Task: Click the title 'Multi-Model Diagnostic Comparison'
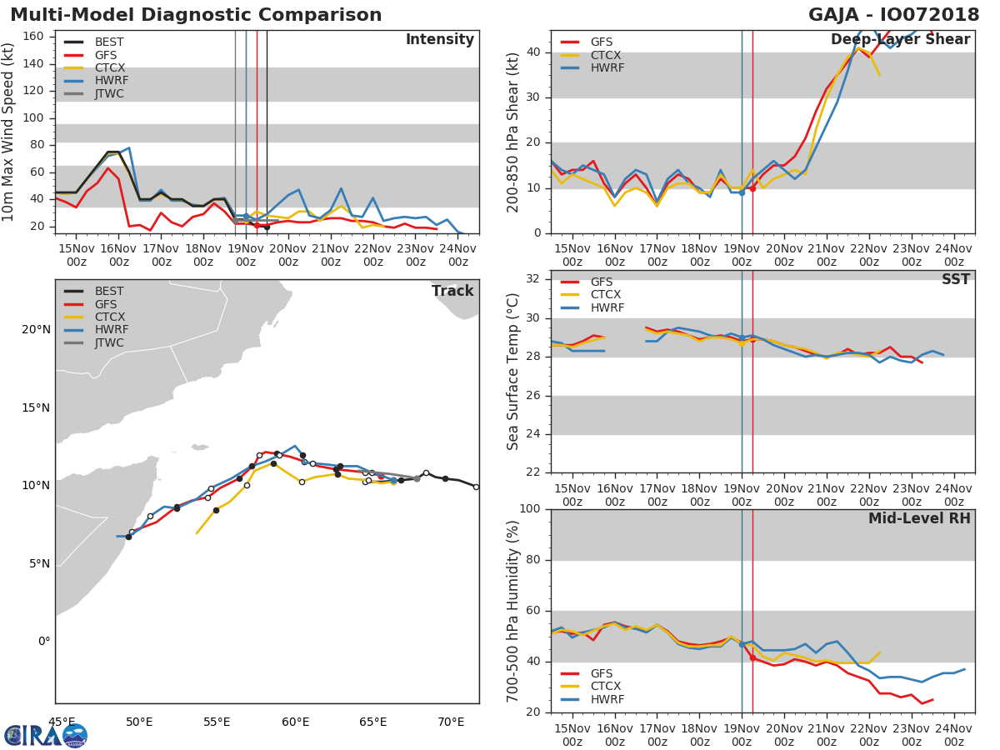click(196, 15)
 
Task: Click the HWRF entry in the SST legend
click(607, 307)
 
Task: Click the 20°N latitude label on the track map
click(36, 329)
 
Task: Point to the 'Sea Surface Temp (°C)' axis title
click(513, 372)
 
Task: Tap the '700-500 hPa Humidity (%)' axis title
click(513, 611)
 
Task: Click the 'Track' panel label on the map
click(452, 291)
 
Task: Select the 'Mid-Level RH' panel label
click(919, 519)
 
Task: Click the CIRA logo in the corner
click(46, 735)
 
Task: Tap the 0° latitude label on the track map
click(44, 641)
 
